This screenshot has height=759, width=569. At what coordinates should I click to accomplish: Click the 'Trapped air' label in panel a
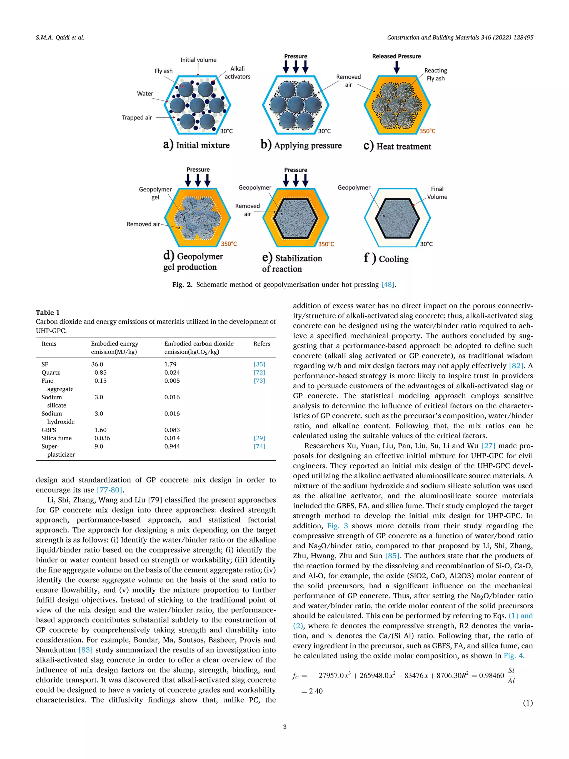[x=137, y=118]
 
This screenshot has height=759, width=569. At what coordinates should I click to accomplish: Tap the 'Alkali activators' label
[x=237, y=73]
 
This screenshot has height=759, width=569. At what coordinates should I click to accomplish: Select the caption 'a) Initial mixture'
[x=196, y=145]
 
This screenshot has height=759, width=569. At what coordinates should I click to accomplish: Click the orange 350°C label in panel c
[x=427, y=131]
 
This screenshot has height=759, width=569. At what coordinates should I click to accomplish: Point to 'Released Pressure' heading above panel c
[x=396, y=56]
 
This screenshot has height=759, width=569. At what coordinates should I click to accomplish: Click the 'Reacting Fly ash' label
[x=436, y=74]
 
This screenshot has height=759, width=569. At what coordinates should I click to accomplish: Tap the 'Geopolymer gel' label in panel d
[x=155, y=193]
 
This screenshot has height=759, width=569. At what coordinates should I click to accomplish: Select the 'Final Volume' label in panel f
[x=437, y=193]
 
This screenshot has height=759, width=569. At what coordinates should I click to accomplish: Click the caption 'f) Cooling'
[x=386, y=259]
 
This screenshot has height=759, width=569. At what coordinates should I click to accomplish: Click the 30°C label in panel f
[x=426, y=244]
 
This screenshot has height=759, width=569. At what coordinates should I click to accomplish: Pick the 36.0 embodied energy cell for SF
[x=97, y=364]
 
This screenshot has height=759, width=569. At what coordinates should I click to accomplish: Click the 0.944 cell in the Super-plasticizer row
[x=172, y=446]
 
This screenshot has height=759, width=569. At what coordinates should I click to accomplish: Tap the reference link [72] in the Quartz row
[x=259, y=373]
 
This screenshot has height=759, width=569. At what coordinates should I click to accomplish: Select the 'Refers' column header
[x=262, y=344]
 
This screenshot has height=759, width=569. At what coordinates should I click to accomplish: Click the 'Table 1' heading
[x=48, y=313]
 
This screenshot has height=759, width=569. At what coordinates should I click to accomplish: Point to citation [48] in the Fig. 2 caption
[x=388, y=285]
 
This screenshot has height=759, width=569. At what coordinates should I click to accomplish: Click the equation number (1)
[x=528, y=703]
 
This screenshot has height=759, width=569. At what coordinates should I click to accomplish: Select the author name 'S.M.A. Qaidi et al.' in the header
[x=60, y=38]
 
